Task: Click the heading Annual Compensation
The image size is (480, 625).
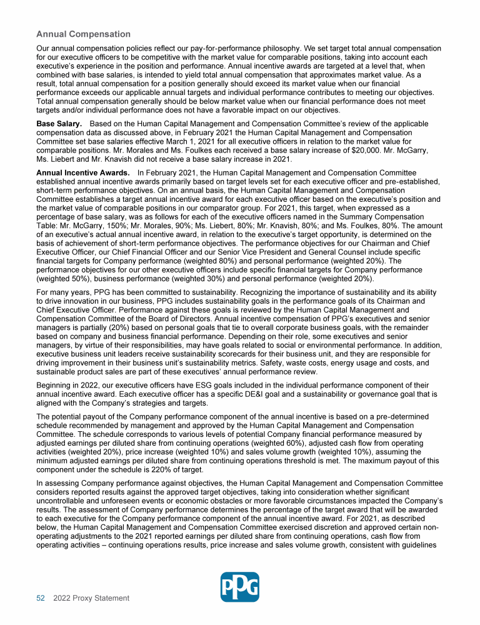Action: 83,34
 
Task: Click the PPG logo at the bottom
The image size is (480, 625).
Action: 240,587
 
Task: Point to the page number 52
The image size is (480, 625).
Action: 41,598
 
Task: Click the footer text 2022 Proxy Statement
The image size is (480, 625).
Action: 91,598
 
